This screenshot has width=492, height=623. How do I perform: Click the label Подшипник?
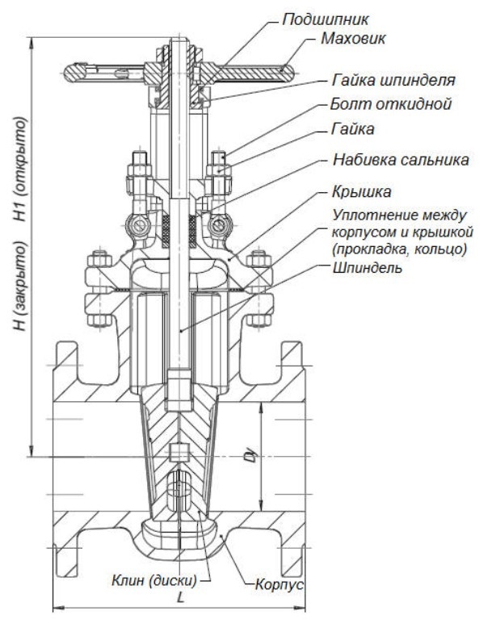coord(326,19)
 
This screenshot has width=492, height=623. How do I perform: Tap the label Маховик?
coord(353,39)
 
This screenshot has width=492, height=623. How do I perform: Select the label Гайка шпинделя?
coord(393,80)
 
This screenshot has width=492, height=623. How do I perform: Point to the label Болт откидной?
coord(391,104)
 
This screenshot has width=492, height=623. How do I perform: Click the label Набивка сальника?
coord(401,160)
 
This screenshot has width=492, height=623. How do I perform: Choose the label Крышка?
coord(362,192)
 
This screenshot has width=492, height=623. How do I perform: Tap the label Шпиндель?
coord(367,268)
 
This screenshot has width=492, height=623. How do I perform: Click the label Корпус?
coord(280,584)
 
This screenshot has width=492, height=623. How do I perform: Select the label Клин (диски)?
coord(154,581)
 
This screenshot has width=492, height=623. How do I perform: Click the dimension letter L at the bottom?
coord(180,597)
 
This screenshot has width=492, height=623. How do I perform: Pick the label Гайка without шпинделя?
coord(352,129)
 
